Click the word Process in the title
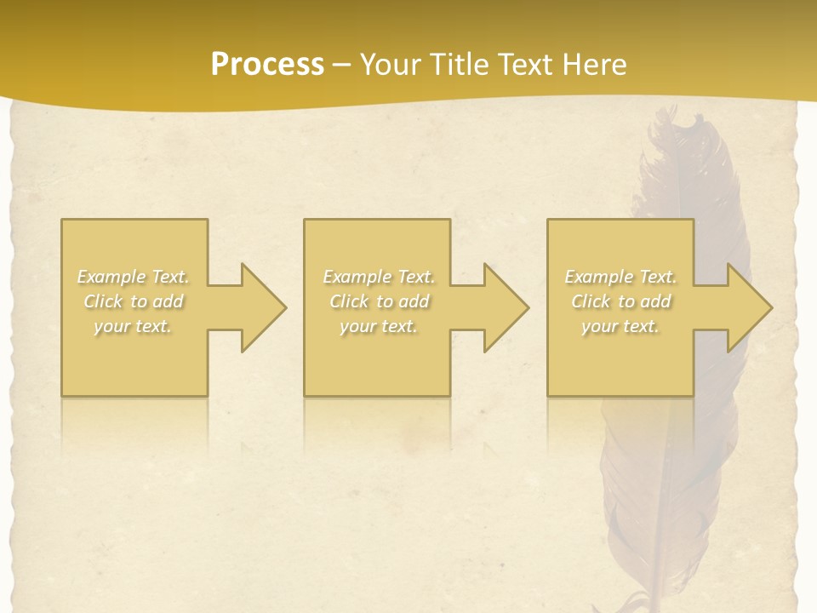(x=267, y=64)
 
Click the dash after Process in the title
(x=342, y=65)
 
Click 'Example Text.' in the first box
(x=134, y=277)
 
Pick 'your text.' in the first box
(x=134, y=326)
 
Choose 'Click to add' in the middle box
(x=379, y=301)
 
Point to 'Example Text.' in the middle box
(x=379, y=277)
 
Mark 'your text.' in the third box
(x=620, y=326)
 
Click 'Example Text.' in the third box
(x=620, y=277)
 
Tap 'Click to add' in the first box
(x=134, y=301)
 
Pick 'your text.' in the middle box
(x=379, y=326)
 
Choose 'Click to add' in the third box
(x=620, y=301)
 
